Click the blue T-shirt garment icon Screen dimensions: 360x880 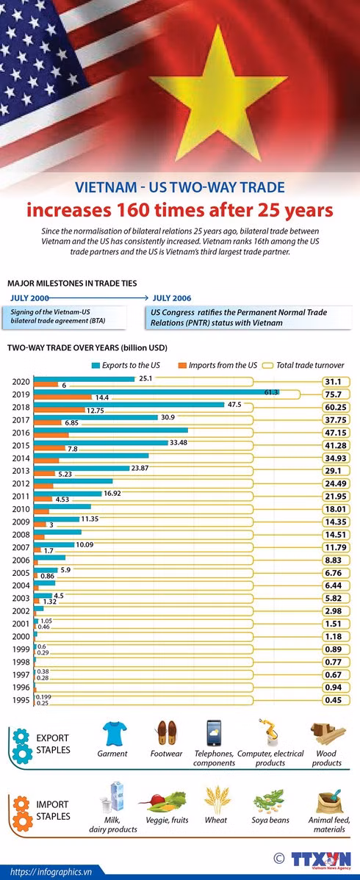point(114,733)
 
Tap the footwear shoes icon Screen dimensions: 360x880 point(166,733)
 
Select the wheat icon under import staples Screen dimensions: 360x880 point(216,799)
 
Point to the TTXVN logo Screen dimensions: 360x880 point(320,844)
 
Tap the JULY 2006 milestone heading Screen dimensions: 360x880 point(172,297)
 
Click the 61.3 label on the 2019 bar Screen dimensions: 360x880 point(272,392)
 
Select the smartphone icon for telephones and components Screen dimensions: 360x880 point(214,733)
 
